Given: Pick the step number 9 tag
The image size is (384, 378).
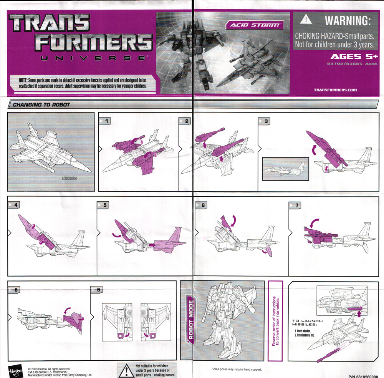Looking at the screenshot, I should [97, 290].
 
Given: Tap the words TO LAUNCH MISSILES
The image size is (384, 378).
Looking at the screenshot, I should [307, 323].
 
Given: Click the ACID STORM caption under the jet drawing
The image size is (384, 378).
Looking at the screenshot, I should [69, 178].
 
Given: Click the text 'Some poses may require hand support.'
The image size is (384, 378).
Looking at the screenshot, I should [237, 369].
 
